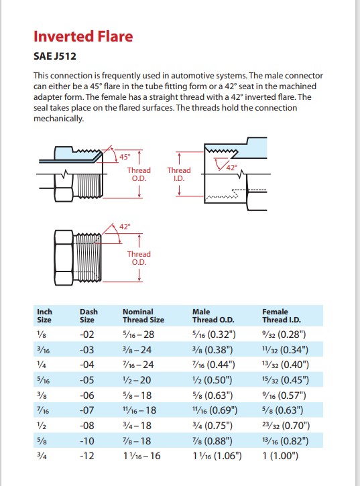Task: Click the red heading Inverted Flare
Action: [83, 36]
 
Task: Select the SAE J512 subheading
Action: [54, 56]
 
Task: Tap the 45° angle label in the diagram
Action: [125, 157]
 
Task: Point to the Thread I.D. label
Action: [179, 174]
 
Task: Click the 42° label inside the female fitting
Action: [232, 168]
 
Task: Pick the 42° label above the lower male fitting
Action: [125, 227]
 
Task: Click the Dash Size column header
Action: [88, 316]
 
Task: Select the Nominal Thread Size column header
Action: [143, 316]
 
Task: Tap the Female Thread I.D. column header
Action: [282, 316]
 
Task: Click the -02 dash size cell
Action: [87, 335]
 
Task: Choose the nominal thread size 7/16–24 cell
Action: [138, 365]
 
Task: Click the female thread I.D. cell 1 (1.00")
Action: [280, 456]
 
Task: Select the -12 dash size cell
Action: [87, 456]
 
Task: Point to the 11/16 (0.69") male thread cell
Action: [215, 410]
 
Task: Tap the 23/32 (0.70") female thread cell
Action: [286, 426]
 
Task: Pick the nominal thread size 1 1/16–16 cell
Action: [141, 456]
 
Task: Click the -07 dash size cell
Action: [87, 410]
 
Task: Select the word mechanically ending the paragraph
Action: [58, 119]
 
